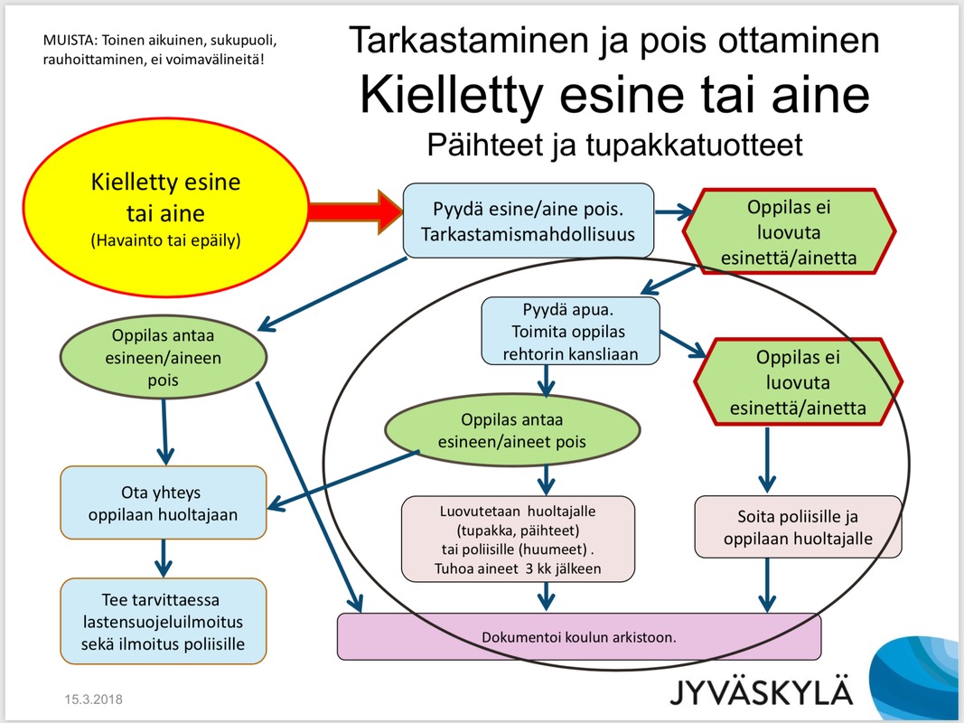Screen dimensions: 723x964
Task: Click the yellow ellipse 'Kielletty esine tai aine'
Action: tap(165, 210)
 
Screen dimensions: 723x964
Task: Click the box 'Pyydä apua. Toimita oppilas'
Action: tap(570, 332)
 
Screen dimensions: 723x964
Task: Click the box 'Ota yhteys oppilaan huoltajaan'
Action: tap(164, 503)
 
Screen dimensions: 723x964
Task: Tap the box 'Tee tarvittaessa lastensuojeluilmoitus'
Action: tap(164, 622)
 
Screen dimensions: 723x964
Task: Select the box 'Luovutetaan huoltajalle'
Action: tap(518, 539)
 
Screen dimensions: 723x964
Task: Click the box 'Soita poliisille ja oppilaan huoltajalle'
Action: tap(798, 529)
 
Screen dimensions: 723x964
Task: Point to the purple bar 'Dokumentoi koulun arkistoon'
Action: tap(578, 636)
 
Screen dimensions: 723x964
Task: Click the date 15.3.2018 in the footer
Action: tap(93, 700)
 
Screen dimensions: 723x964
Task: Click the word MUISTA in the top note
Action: tap(70, 41)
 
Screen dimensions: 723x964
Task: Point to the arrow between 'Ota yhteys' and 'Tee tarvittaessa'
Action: tap(164, 558)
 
